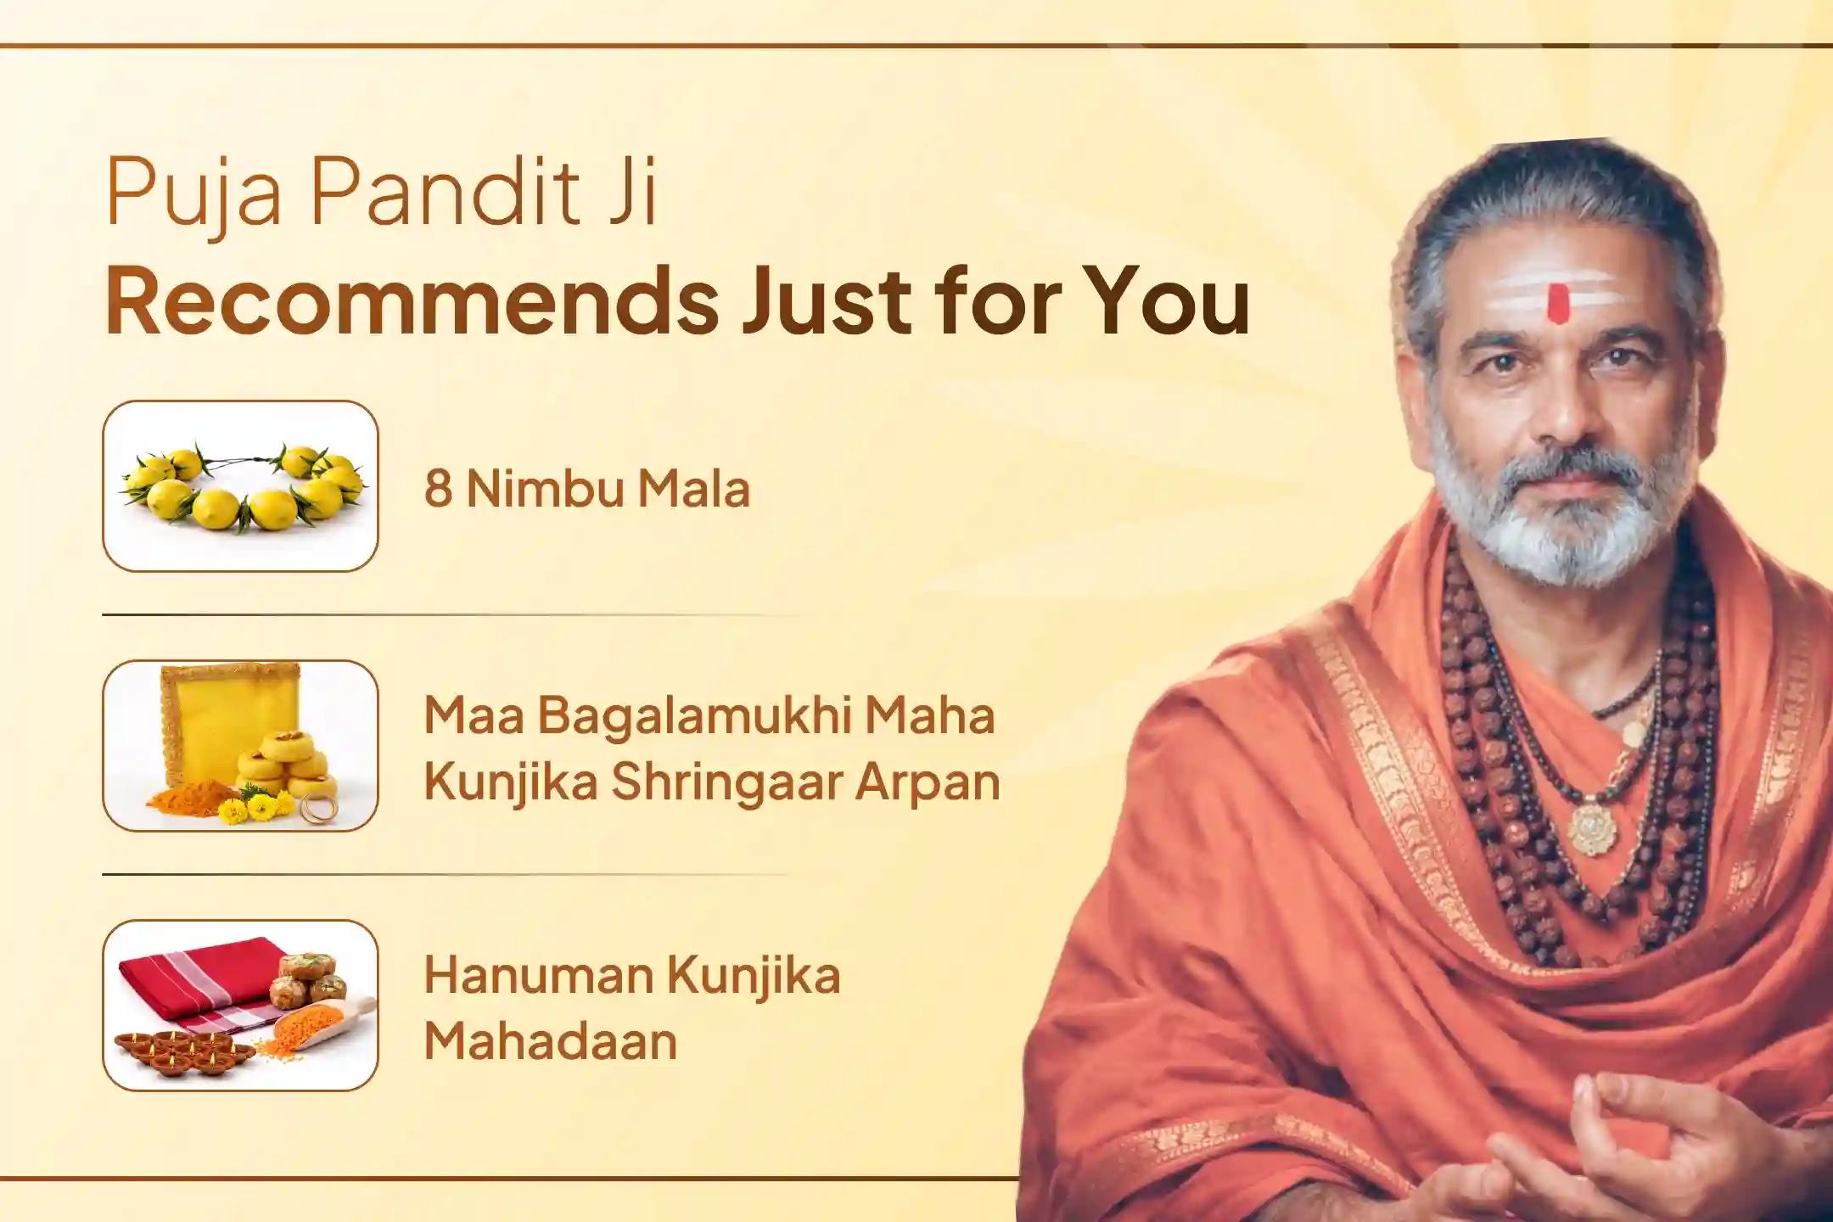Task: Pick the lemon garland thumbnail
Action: tap(240, 486)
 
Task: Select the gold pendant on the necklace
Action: tap(1592, 827)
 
